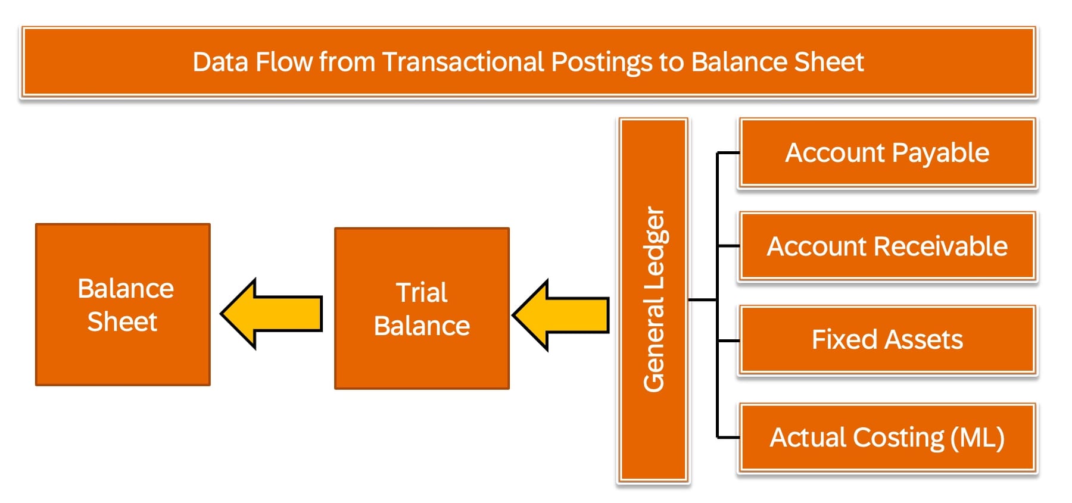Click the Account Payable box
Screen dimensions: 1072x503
887,153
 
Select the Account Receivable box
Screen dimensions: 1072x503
887,246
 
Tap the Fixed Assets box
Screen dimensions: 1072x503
887,340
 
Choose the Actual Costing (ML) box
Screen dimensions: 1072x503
887,438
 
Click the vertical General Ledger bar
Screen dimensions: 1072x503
653,300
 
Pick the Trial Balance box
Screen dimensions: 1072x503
422,308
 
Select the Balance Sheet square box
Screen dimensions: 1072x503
123,305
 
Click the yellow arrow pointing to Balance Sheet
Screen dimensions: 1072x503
272,314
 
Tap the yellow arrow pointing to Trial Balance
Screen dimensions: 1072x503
561,315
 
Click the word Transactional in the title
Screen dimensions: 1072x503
463,62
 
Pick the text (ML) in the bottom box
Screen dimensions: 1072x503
977,438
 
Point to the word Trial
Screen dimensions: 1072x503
422,292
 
